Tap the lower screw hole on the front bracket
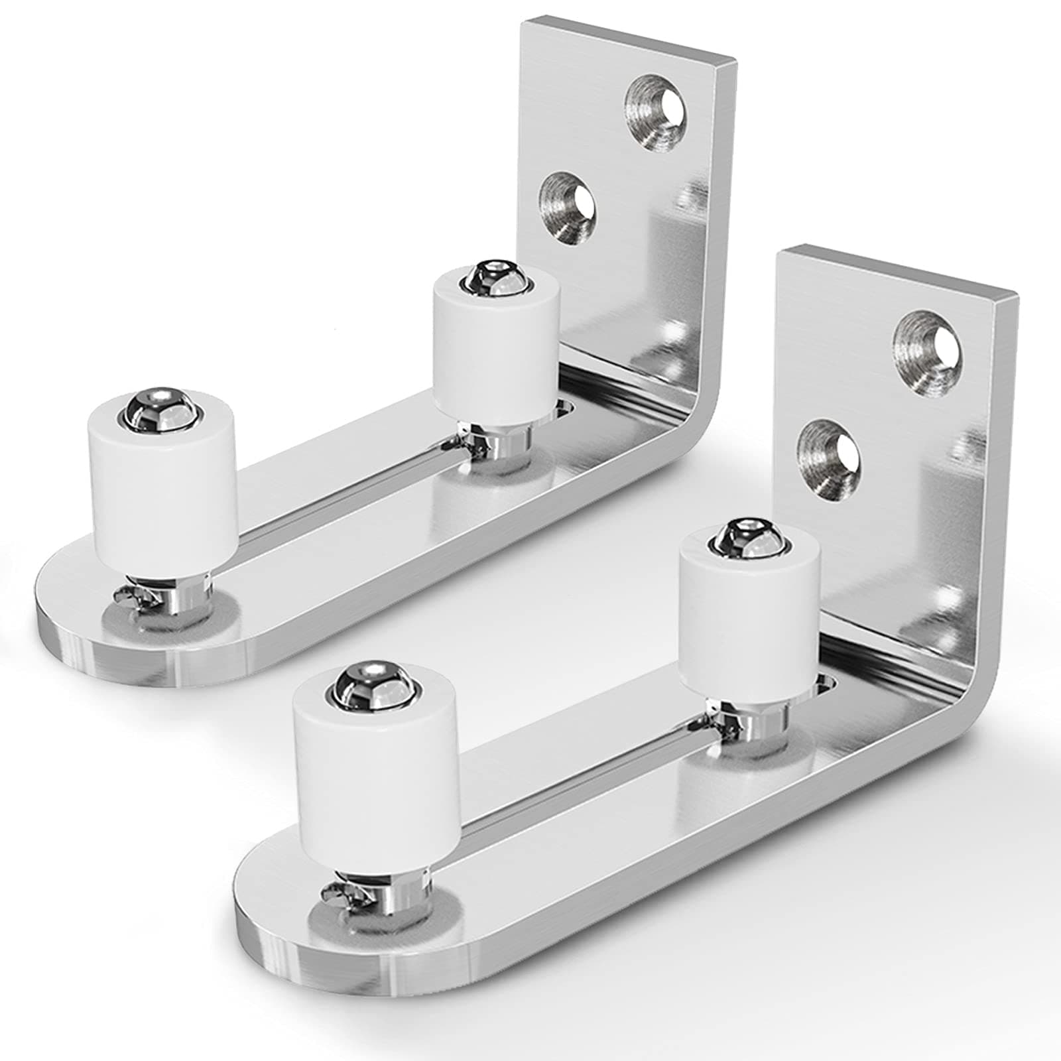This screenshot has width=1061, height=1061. click(830, 457)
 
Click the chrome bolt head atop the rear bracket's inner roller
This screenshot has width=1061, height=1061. click(489, 273)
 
